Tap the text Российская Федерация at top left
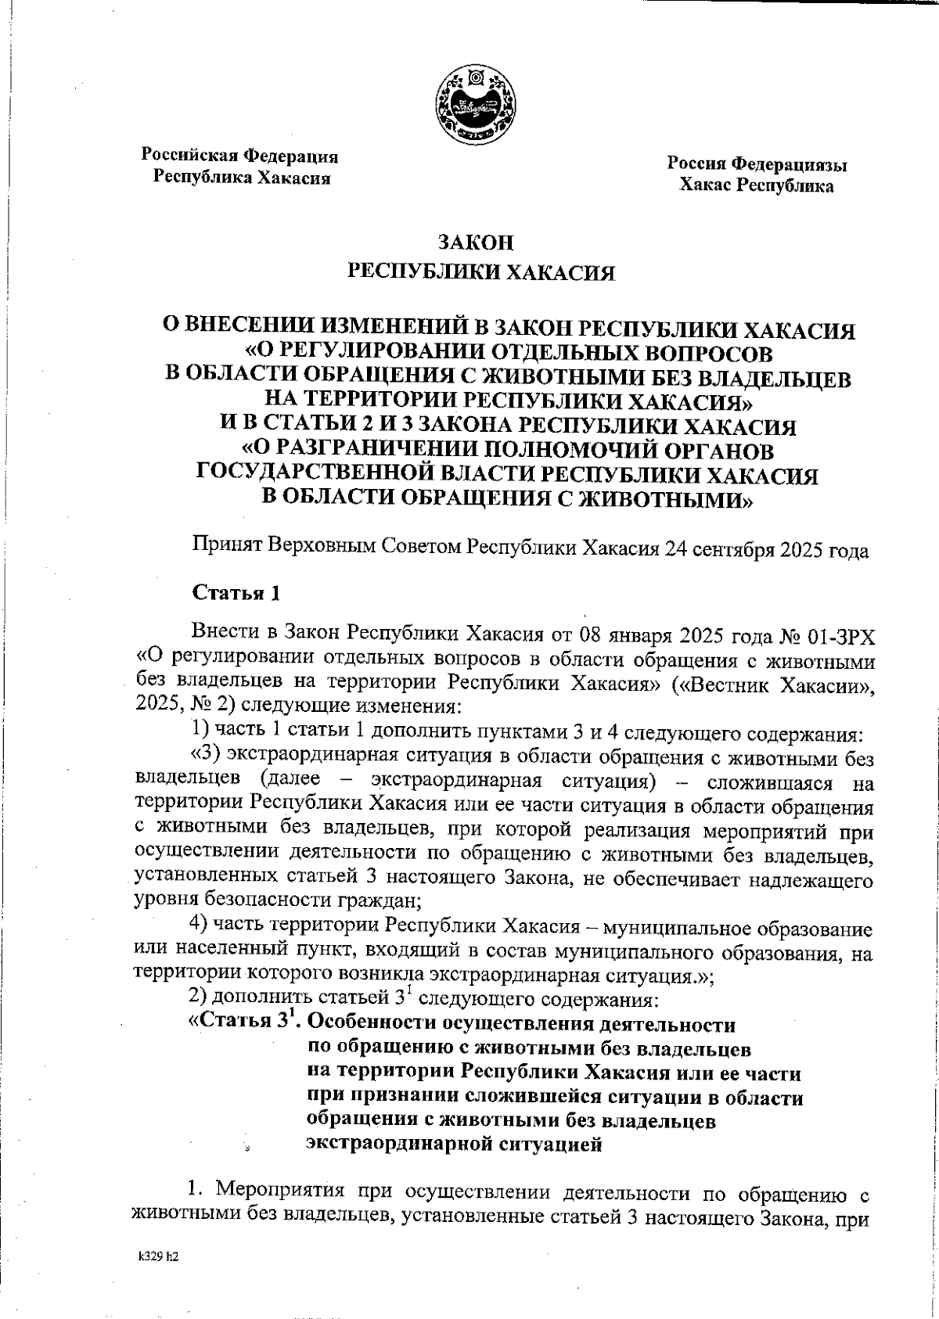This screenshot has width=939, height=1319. (239, 156)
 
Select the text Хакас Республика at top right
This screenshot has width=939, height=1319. (756, 186)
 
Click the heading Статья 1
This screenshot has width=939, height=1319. (237, 592)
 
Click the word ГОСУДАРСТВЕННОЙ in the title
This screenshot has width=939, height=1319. (341, 475)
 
